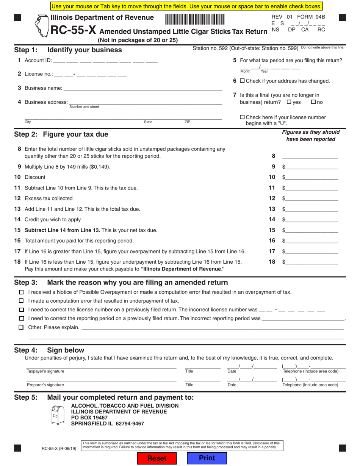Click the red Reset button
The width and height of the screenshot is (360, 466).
(157, 458)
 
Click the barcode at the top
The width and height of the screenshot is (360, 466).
(194, 19)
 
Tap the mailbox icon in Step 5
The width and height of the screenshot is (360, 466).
(58, 415)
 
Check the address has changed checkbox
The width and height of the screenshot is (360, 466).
(243, 81)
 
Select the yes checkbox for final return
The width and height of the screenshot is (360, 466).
(289, 102)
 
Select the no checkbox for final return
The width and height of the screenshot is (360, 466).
(313, 102)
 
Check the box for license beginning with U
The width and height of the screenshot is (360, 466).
(243, 117)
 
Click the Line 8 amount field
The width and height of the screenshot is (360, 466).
(310, 156)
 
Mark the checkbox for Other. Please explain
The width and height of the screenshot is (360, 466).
(21, 327)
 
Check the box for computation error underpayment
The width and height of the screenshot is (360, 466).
(21, 301)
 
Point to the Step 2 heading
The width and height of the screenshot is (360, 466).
(61, 134)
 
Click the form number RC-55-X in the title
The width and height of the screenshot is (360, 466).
(74, 31)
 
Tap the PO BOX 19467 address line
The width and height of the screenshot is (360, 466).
(90, 418)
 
